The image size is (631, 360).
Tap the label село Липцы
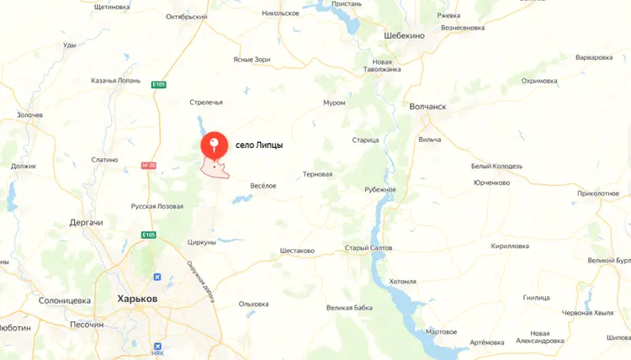[x=259, y=146]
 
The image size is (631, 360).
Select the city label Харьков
[x=137, y=299]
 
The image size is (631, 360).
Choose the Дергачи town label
[x=87, y=222]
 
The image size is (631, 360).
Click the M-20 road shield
[x=148, y=166]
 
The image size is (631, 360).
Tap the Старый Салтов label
[x=368, y=248]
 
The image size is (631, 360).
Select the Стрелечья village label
[x=206, y=103]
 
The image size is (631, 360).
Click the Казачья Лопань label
[x=115, y=81]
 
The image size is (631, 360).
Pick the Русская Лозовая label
[x=157, y=206]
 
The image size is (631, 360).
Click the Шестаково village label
[x=297, y=251]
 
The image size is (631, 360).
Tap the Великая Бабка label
[x=350, y=308]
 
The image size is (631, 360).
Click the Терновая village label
[x=317, y=175]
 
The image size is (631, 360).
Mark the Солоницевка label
[x=64, y=300]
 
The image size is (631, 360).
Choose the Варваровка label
[x=594, y=58]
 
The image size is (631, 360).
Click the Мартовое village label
[x=442, y=331]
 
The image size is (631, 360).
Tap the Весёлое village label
[x=263, y=185]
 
